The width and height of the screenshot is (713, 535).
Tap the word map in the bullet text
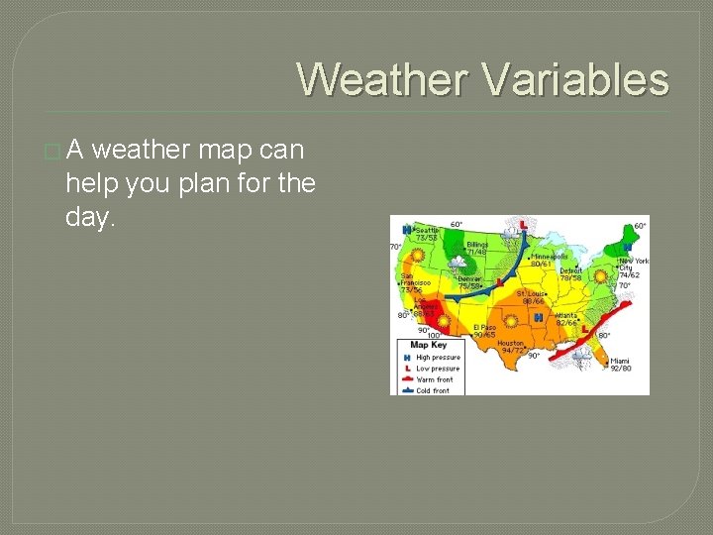coord(227,150)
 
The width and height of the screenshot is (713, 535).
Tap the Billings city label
coord(476,247)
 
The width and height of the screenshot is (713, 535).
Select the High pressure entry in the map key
coord(437,358)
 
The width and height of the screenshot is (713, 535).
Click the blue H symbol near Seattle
coord(406,228)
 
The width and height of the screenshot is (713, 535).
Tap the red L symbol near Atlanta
coord(585,328)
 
